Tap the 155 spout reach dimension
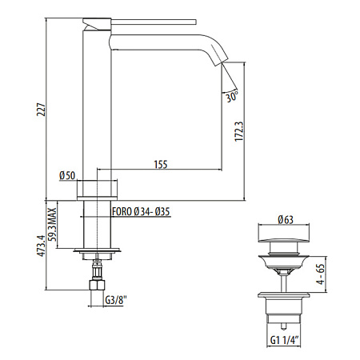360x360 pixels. coord(160,164)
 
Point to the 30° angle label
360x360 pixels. coord(232,97)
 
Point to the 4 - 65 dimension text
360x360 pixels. coord(319,275)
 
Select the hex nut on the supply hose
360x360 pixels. coord(97,283)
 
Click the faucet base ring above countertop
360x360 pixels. coord(97,190)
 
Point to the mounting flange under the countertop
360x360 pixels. coord(97,254)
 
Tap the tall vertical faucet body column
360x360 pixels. coord(97,104)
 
